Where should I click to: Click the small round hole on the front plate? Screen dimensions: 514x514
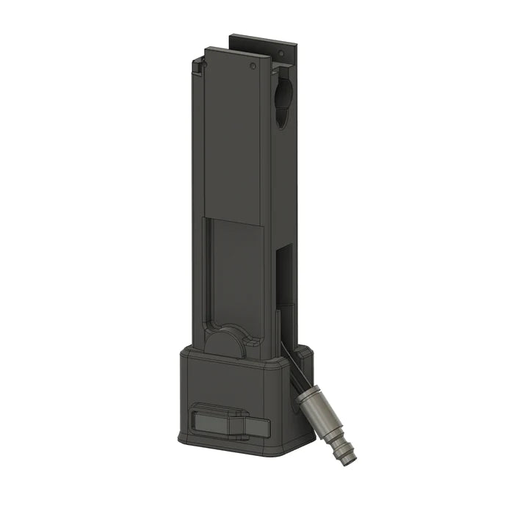252,66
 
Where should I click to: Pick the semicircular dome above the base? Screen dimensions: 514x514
225,341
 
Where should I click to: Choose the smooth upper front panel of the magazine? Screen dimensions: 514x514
234,140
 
